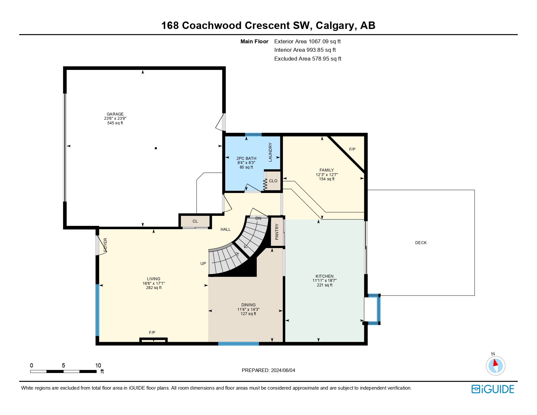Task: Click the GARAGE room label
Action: coord(115,114)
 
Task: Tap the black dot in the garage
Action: coord(156,148)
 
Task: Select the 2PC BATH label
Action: coord(246,159)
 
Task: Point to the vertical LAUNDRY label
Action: coord(270,152)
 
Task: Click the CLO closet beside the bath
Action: coord(273,181)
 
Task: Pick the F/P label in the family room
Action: coord(352,149)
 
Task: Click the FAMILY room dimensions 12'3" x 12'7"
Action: coord(327,174)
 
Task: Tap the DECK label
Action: coord(421,243)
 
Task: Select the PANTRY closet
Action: coord(277,232)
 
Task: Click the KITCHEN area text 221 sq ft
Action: coord(324,285)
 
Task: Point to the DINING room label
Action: coord(248,305)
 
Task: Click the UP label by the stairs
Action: coord(203,263)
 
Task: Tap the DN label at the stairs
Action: coord(258,218)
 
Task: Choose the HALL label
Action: coord(225,229)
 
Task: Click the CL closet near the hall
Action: coord(195,221)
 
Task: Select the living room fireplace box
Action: coord(154,340)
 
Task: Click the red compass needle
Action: coord(495,363)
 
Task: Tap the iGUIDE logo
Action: coord(492,389)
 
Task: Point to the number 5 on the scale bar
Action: coord(63,365)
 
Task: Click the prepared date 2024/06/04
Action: coord(283,370)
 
